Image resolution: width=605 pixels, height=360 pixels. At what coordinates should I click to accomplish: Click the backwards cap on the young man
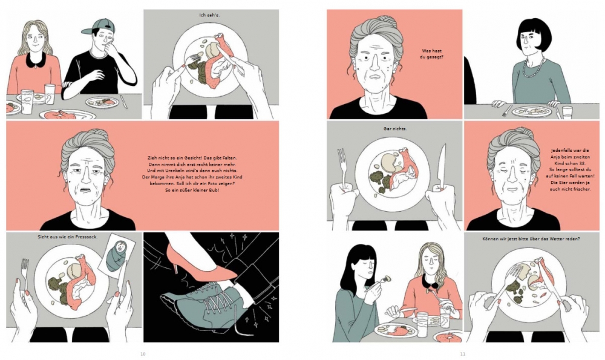[99, 27]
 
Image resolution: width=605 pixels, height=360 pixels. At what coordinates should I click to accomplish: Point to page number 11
[463, 354]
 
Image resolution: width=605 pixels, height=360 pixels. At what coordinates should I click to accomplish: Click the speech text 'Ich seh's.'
[209, 16]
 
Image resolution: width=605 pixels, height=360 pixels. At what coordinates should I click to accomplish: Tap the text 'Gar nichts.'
[394, 128]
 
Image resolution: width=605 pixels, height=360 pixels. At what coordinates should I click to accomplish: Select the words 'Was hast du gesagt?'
[432, 54]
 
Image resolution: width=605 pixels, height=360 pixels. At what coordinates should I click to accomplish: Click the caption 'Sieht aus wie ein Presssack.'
[68, 237]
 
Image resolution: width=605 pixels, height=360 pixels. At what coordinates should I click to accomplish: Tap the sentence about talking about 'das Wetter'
[531, 239]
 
